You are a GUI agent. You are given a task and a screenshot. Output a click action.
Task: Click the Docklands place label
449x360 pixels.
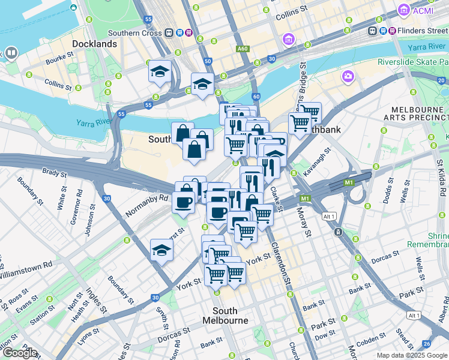(x=94, y=44)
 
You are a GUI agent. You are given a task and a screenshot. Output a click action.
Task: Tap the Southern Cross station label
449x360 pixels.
(x=135, y=33)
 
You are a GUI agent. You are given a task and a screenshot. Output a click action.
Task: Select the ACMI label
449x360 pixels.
(x=423, y=10)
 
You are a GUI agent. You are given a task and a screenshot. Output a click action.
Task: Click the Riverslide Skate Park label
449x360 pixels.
(x=413, y=62)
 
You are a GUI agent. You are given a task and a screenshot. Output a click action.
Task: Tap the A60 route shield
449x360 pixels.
(x=243, y=49)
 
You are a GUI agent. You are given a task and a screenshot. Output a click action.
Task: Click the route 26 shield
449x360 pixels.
(x=426, y=344)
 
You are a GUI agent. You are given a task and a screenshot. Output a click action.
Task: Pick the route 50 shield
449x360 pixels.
(x=208, y=61)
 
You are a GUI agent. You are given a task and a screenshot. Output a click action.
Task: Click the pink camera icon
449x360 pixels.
(x=348, y=76)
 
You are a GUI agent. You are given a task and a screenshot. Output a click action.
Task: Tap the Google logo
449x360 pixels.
(x=19, y=353)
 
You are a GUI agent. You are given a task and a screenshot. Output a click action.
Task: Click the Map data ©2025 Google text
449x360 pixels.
(x=412, y=355)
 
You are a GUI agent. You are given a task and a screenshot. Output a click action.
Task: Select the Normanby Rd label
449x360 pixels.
(x=147, y=205)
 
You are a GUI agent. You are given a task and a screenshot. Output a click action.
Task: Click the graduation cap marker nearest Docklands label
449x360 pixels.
(x=160, y=73)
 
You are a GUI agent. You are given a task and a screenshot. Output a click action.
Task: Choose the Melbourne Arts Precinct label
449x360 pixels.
(x=419, y=115)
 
